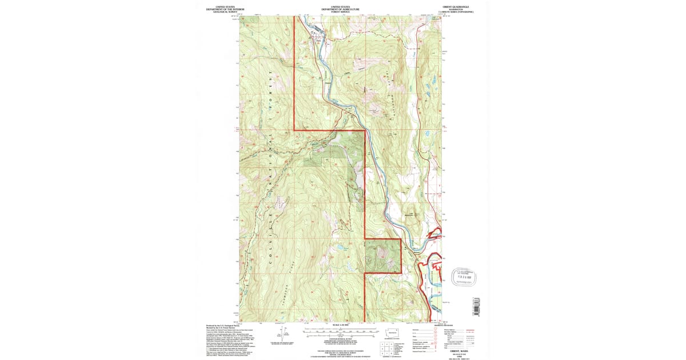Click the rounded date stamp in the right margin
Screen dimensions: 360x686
(x=464, y=277)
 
